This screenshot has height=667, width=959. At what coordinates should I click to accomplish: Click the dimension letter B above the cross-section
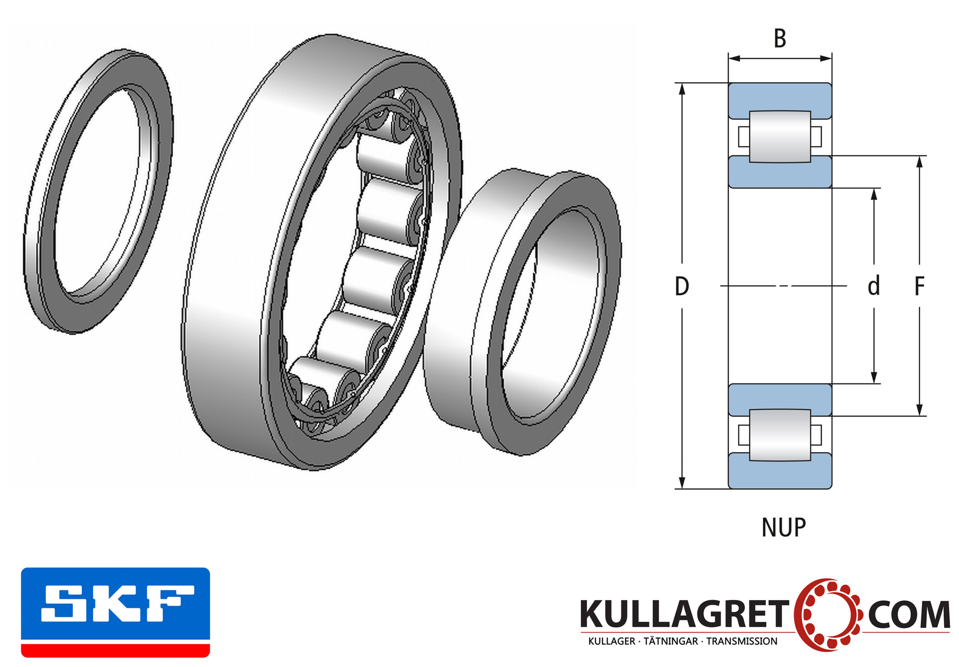[x=780, y=39]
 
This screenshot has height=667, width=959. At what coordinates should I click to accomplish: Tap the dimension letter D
[x=682, y=286]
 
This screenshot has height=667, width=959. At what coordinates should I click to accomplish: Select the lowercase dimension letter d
[x=873, y=286]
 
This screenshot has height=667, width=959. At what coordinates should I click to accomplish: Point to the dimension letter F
[x=919, y=286]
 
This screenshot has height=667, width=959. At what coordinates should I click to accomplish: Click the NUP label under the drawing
[x=784, y=527]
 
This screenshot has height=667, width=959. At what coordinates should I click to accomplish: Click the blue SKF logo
[x=115, y=613]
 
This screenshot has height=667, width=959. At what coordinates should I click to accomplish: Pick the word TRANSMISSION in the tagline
[x=742, y=641]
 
